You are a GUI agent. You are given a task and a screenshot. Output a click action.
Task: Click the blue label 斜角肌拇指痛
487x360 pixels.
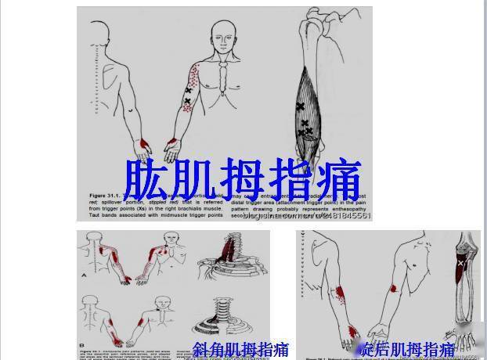point(240,349)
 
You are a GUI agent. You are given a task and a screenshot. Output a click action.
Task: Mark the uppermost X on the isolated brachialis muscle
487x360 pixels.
point(300,106)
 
